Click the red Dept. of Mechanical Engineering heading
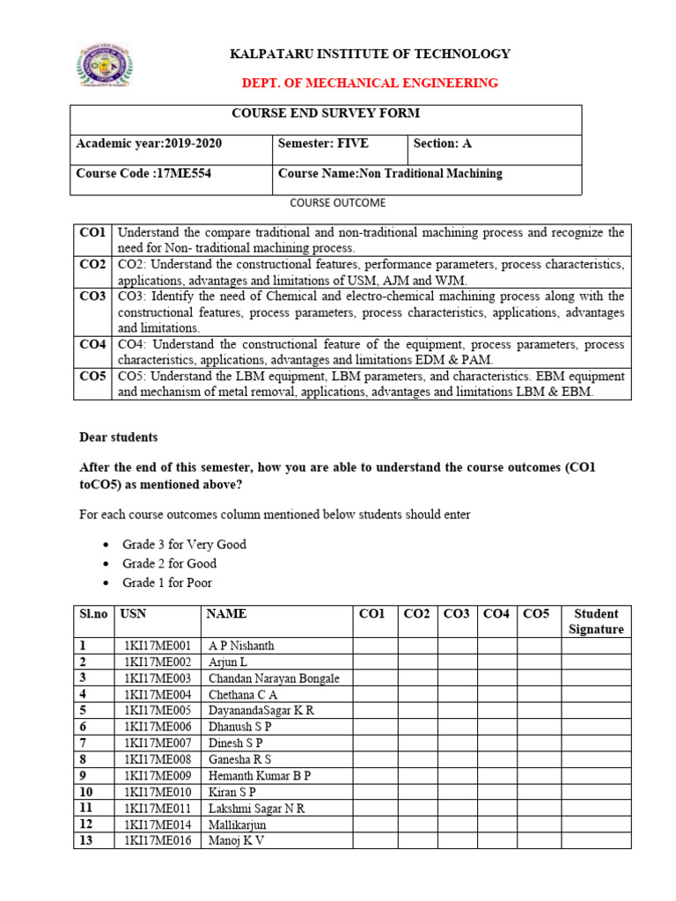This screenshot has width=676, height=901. coord(370,83)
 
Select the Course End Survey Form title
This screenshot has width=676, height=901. coord(326,114)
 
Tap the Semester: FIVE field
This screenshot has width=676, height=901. coord(323,143)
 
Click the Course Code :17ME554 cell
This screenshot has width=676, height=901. coord(143,173)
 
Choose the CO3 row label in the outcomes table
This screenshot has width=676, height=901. coord(92,297)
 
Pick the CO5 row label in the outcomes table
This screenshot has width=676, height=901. coord(92,377)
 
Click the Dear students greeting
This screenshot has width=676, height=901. coord(119,436)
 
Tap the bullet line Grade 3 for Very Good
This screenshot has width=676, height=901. coord(184,545)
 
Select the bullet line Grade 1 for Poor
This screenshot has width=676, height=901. coord(167,582)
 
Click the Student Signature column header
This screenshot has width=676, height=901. coord(596,621)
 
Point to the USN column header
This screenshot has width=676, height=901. coord(132,614)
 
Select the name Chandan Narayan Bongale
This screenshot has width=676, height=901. coord(274,678)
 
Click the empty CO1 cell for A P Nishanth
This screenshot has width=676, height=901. coord(375,646)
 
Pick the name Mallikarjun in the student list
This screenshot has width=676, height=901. coord(238,824)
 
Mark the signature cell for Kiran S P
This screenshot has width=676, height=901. coord(596,792)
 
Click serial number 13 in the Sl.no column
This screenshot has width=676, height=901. coord(84,841)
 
